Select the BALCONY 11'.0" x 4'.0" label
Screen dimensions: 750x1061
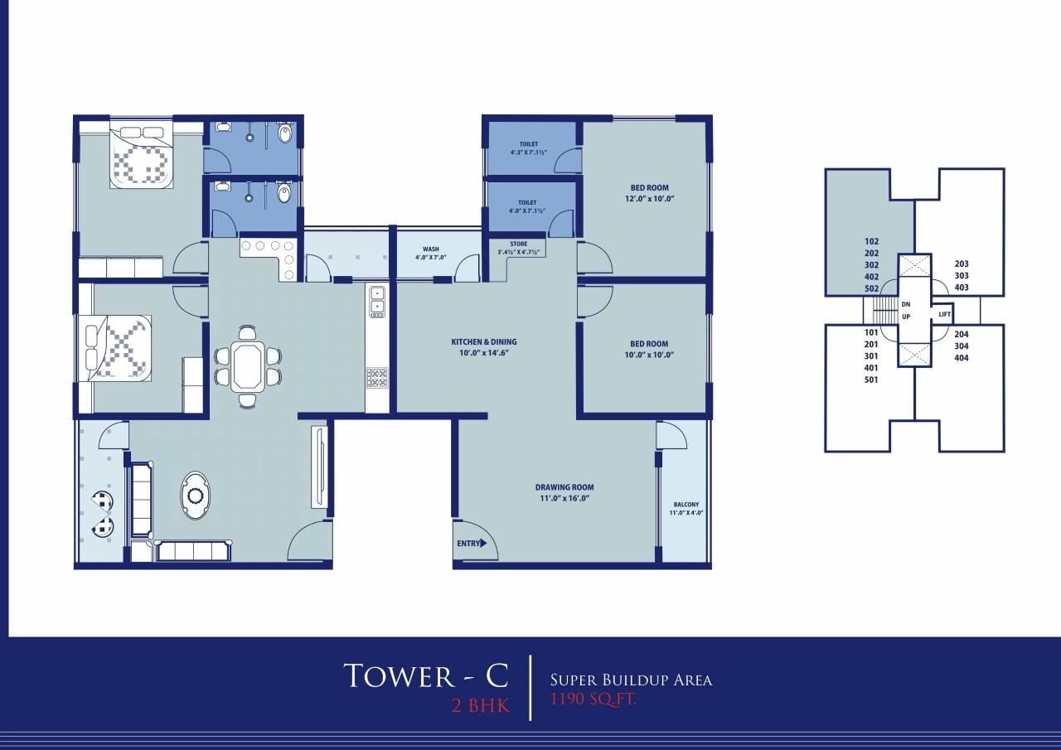click(x=685, y=508)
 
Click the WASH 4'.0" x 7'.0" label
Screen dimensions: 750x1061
click(x=430, y=253)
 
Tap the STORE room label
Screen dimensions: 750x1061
click(x=518, y=248)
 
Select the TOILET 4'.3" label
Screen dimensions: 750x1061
click(x=529, y=148)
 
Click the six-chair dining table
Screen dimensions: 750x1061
click(x=249, y=366)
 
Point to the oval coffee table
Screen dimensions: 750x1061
click(x=196, y=496)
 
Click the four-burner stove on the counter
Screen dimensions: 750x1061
click(x=377, y=378)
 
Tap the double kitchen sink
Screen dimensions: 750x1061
click(x=377, y=299)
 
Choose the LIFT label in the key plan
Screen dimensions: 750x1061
click(x=943, y=315)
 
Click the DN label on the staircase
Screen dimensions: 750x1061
click(x=905, y=304)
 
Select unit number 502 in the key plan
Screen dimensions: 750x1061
click(x=871, y=288)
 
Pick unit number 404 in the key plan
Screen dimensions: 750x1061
click(x=962, y=358)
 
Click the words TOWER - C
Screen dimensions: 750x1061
click(x=425, y=675)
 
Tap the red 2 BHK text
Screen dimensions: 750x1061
click(x=480, y=706)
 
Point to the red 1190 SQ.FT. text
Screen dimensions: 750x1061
click(x=593, y=699)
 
